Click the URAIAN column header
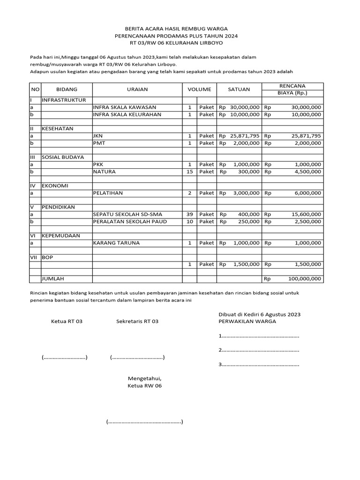[137, 89]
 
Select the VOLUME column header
[200, 89]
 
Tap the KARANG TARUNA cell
[116, 243]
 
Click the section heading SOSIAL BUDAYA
[60, 157]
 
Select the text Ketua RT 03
[67, 321]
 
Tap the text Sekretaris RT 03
[137, 321]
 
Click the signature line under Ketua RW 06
[144, 422]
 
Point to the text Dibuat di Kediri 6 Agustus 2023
[260, 314]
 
